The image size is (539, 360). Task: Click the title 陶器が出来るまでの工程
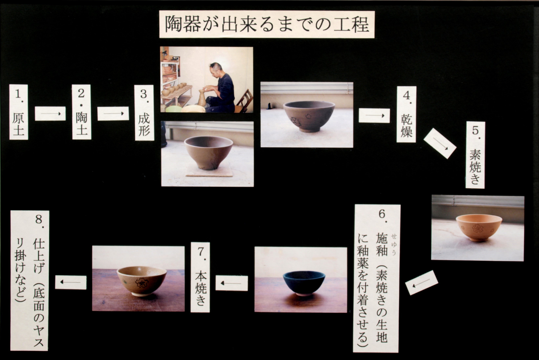[x=266, y=24]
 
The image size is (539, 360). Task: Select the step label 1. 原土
[x=19, y=112]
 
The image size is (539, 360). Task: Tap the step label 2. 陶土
[x=82, y=112]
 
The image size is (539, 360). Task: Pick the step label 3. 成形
[x=144, y=113]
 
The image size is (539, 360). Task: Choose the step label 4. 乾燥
[x=407, y=114]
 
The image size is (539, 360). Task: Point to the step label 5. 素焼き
[x=475, y=155]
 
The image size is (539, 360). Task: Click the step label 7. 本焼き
[x=200, y=277]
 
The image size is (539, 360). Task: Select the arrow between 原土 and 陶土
[x=50, y=113]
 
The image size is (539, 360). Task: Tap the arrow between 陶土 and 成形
[x=113, y=113]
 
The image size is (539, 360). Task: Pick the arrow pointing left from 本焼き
[x=232, y=283]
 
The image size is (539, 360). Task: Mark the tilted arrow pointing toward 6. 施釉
[x=421, y=283]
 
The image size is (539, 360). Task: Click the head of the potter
[x=215, y=69]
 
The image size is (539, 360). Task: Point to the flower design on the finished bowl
[x=142, y=283]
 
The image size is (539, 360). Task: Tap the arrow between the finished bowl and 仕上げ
[x=71, y=282]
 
